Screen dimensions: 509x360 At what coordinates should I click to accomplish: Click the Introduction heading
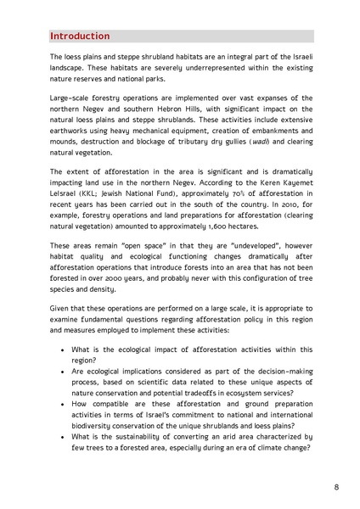point(80,36)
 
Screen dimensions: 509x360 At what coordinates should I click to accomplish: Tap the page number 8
point(336,487)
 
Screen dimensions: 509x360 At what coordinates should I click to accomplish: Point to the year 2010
point(283,209)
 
